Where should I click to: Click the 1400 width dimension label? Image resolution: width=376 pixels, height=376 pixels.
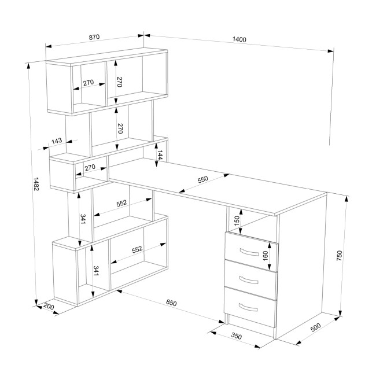239,39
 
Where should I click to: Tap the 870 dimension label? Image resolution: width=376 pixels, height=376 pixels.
94,37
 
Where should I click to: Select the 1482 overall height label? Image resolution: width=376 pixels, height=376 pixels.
36,184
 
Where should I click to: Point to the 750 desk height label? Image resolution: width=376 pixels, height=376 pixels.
340,256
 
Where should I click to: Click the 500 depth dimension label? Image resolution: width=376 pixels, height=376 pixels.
316,327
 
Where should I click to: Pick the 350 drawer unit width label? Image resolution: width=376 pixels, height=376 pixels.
237,336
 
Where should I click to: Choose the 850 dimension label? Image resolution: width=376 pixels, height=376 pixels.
171,303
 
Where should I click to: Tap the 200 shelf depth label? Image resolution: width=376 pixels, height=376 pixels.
49,307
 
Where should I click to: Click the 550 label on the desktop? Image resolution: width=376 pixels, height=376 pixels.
202,179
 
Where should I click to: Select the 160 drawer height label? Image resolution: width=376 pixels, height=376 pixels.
265,256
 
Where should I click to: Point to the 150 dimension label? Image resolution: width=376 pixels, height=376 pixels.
237,220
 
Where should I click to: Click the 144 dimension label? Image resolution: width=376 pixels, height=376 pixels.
160,155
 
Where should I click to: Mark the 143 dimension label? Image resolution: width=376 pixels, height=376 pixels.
57,141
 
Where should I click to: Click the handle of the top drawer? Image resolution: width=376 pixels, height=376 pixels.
249,252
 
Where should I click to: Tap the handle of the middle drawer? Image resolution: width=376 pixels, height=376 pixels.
249,280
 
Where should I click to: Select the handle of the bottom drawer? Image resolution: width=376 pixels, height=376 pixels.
248,307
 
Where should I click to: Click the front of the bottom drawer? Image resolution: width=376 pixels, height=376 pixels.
250,307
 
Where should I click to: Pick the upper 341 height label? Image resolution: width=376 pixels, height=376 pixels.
83,219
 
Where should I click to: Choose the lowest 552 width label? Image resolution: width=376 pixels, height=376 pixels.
137,250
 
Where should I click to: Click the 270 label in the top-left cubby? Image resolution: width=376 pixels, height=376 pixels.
89,83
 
